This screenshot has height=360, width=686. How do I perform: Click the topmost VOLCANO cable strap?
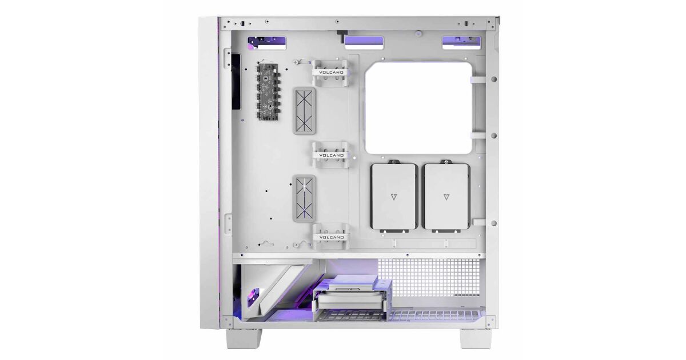click(x=330, y=73)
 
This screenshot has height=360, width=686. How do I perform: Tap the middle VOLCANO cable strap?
click(x=331, y=155)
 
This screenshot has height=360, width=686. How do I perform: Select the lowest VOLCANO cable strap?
click(x=331, y=237)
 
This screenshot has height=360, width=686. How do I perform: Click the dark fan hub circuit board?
click(x=268, y=91)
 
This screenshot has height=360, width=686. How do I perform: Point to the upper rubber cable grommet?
click(x=304, y=111)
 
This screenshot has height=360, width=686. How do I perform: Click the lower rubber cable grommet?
click(x=304, y=198)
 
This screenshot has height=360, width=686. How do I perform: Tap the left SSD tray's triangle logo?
click(x=394, y=197)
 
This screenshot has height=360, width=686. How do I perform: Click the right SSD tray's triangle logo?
click(x=446, y=197)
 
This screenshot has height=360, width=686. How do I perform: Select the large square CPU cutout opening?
click(x=418, y=108)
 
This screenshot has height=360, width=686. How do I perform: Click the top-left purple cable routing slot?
click(x=267, y=43)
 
